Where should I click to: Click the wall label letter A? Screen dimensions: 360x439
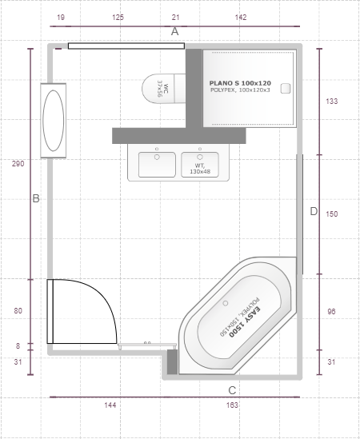tap(174, 31)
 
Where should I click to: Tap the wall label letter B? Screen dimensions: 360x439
tap(36, 198)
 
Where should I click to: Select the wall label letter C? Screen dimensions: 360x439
tap(232, 390)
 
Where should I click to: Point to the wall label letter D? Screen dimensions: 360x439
tap(314, 211)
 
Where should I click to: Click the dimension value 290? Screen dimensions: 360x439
tap(18, 164)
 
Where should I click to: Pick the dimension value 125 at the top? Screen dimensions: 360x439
tap(118, 18)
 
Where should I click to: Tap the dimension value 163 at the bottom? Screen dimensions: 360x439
tap(232, 405)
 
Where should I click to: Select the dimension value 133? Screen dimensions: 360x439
tap(332, 101)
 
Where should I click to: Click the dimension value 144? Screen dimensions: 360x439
tap(110, 405)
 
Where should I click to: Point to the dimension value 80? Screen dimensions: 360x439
tap(18, 311)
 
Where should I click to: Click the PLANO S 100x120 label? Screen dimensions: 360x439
tap(240, 83)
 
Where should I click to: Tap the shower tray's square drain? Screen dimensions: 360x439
tap(286, 89)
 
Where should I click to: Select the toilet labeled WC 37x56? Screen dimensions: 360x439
tap(164, 89)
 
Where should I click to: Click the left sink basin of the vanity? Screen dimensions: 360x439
tap(157, 165)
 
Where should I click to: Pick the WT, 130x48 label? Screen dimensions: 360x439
tap(200, 169)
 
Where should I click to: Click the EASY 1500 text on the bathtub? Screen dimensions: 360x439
tap(245, 323)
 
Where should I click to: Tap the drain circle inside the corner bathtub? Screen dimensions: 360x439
tap(226, 303)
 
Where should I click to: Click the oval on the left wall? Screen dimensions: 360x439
tap(54, 121)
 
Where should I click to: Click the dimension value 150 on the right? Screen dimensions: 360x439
tap(332, 214)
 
